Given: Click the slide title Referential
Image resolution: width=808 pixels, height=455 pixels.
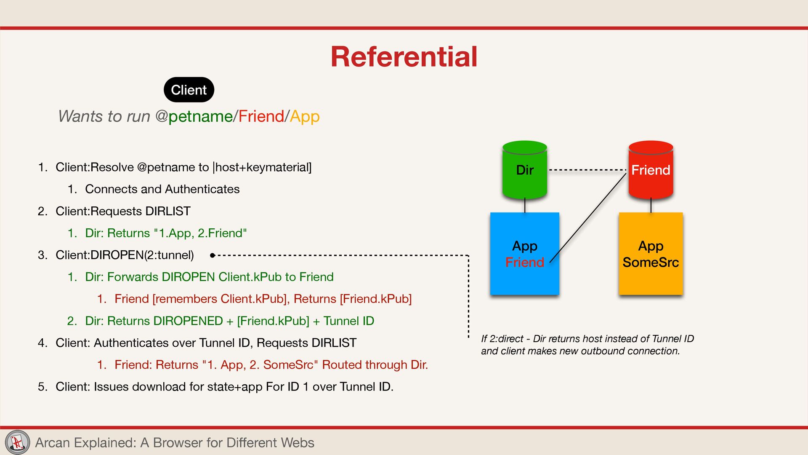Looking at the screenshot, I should tap(404, 57).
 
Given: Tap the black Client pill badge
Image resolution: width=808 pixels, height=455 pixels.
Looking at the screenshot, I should tap(189, 90).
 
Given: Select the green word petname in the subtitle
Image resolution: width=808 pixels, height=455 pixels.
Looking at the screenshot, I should tap(200, 116).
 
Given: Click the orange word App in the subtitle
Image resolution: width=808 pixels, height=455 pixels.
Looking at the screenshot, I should tap(305, 116).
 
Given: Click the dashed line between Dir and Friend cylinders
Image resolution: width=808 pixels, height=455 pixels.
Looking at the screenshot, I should tap(587, 170).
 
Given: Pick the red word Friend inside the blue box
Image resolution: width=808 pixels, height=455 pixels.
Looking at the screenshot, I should tap(524, 262).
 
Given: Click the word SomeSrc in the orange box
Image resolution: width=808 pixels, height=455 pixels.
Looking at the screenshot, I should tap(651, 262).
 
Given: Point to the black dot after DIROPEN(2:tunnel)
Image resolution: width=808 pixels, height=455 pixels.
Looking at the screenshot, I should tap(213, 255).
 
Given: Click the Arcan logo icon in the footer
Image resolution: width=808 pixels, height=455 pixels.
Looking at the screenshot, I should tap(17, 442).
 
